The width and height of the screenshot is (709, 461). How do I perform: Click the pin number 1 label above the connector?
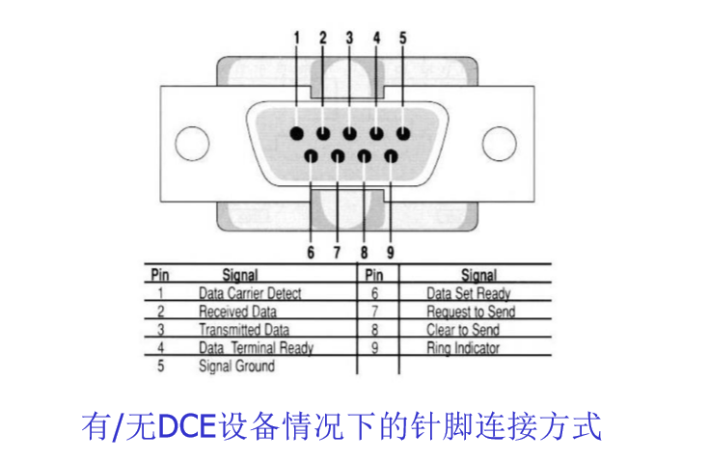pos(297,39)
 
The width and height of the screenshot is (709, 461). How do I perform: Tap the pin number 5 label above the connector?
pos(403,39)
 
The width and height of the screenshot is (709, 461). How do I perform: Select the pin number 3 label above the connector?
pos(349,39)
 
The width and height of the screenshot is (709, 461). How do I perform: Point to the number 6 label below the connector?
pos(311,253)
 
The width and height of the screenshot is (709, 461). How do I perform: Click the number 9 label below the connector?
pos(391,253)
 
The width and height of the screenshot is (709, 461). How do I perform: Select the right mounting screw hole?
pos(499,144)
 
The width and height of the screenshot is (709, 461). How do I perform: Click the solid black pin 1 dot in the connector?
pos(297,134)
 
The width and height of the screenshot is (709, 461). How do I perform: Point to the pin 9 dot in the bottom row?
pos(391,154)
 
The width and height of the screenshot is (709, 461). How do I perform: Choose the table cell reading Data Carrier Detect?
pos(250,293)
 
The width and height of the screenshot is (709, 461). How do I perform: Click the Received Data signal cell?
pos(237,312)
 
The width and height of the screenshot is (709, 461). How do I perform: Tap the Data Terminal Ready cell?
pos(256,348)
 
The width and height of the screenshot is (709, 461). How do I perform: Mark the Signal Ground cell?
pos(236,366)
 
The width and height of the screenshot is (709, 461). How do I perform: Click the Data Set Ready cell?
pos(468,293)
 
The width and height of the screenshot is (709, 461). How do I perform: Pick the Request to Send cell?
pos(471,312)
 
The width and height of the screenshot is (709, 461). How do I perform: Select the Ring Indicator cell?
pos(463,348)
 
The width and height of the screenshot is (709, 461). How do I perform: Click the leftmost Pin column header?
pos(160,275)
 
